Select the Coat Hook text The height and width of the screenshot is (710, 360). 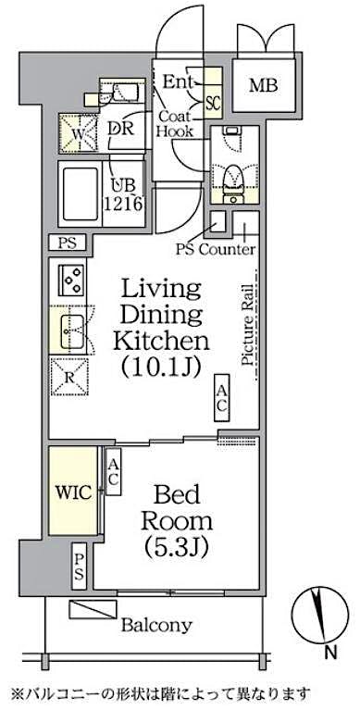click(174, 124)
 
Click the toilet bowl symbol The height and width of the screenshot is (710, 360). click(234, 172)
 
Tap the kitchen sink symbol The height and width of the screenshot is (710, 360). click(72, 328)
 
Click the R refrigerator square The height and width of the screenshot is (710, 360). click(71, 376)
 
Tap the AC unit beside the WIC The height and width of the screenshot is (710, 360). click(113, 473)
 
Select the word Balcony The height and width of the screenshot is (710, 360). click(156, 625)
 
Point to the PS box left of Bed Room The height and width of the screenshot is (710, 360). click(81, 566)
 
